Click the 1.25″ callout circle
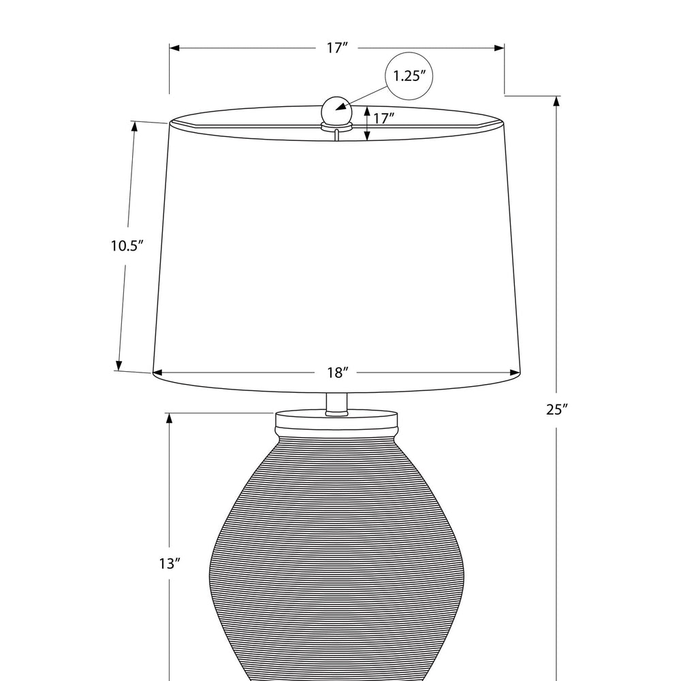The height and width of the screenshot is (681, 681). (x=409, y=53)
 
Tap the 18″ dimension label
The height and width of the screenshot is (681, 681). (x=338, y=373)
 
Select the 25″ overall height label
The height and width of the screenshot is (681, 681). (x=557, y=409)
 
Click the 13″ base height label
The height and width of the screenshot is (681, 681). (x=170, y=564)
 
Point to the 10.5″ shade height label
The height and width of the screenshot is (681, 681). (x=127, y=246)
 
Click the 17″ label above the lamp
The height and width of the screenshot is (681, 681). (x=338, y=48)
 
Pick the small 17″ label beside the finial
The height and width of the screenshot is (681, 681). (x=383, y=118)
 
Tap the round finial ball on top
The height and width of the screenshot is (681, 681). (x=336, y=110)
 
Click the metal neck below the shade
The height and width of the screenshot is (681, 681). (x=336, y=404)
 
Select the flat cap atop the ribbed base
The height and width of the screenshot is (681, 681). (x=336, y=419)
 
